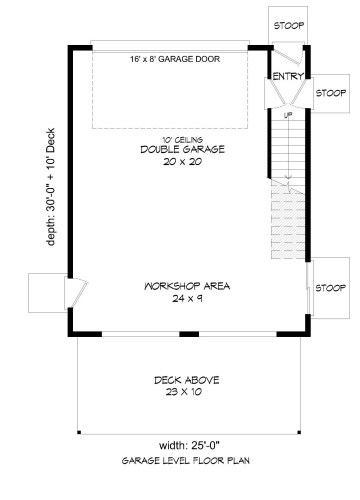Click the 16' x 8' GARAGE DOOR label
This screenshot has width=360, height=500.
[174, 59]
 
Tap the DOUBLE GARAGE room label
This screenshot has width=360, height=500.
[182, 149]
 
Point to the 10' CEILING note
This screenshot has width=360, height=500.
[182, 139]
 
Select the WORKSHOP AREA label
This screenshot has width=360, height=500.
[187, 286]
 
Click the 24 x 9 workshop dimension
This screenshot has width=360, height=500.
[187, 298]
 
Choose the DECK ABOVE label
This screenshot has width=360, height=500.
[187, 380]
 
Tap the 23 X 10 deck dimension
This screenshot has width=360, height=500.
[183, 392]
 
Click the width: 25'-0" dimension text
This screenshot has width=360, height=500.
[190, 445]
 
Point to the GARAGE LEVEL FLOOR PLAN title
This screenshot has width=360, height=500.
[186, 461]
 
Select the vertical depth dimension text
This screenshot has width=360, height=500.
[50, 187]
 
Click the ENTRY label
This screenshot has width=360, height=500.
[288, 76]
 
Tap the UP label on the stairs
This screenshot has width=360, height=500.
[288, 115]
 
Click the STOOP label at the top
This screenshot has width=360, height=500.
[289, 25]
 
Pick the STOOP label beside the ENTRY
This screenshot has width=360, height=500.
[331, 93]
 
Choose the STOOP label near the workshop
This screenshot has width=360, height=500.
[330, 288]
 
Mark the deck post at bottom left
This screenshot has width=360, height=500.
[79, 432]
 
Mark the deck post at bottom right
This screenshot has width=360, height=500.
[299, 432]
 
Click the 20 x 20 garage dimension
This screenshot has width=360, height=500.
[182, 161]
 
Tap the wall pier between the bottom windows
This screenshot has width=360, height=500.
[189, 334]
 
